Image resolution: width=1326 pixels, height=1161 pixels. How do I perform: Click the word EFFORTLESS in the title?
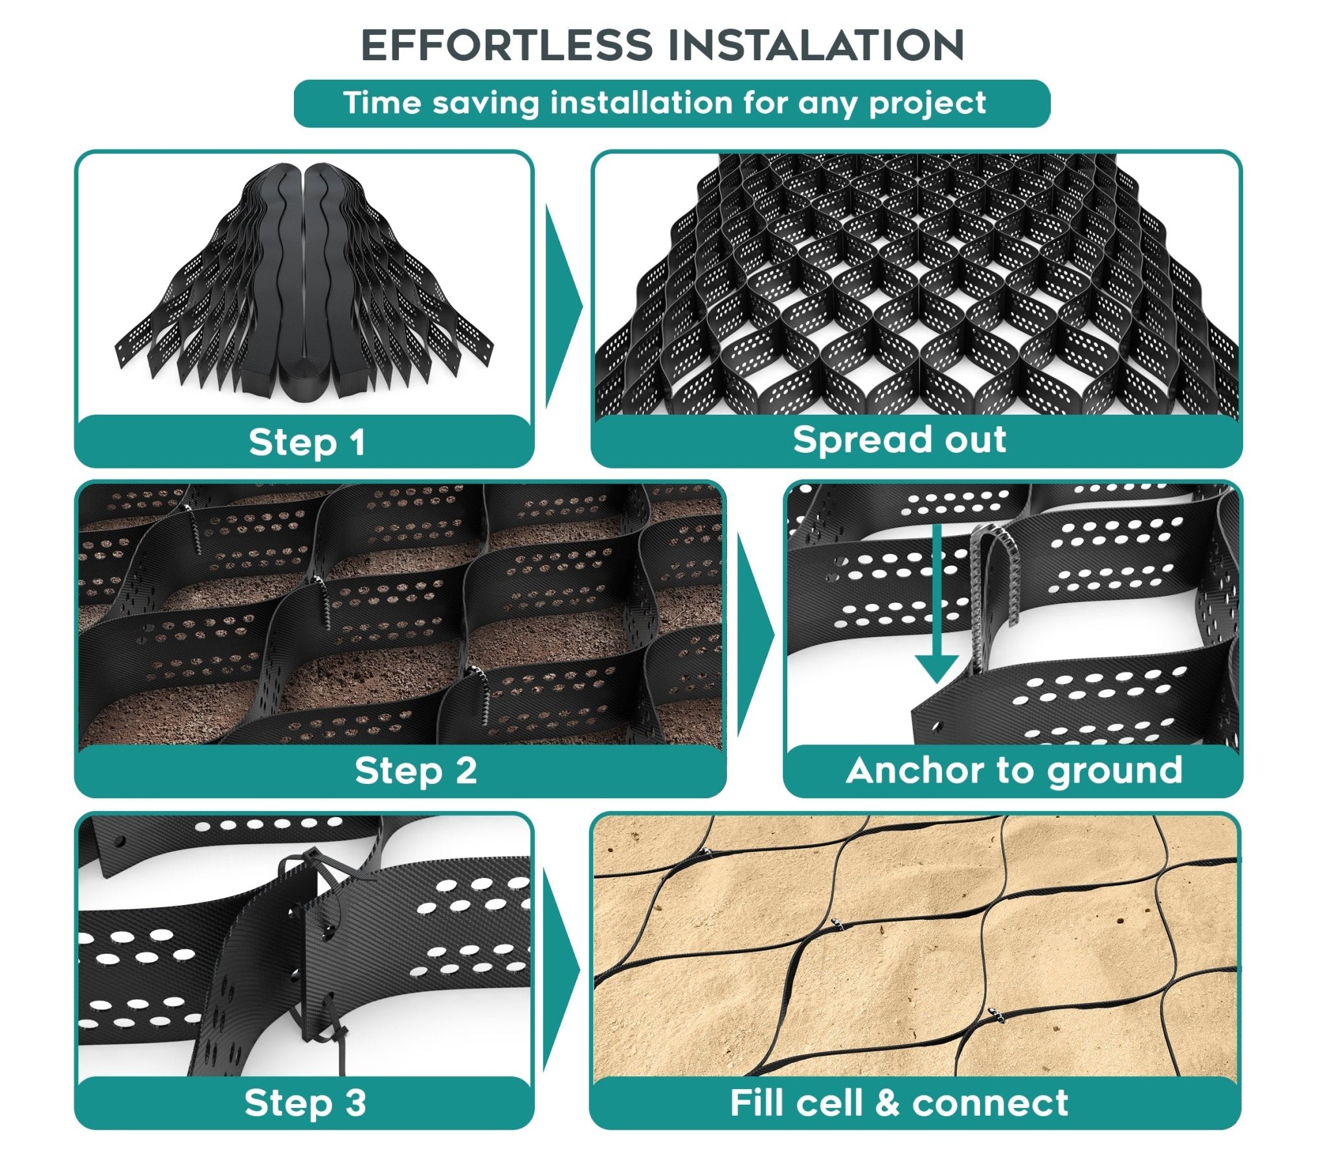click(x=506, y=45)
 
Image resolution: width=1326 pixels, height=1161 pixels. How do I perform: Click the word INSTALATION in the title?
click(x=816, y=45)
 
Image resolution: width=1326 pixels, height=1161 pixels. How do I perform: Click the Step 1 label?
click(x=306, y=443)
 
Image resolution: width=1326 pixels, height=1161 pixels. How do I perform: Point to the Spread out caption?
click(x=899, y=440)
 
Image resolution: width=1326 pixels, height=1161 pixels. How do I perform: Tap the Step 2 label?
click(x=416, y=770)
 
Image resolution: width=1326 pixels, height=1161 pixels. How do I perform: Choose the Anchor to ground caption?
click(x=1014, y=771)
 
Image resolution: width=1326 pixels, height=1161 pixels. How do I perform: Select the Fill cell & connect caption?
click(x=899, y=1103)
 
